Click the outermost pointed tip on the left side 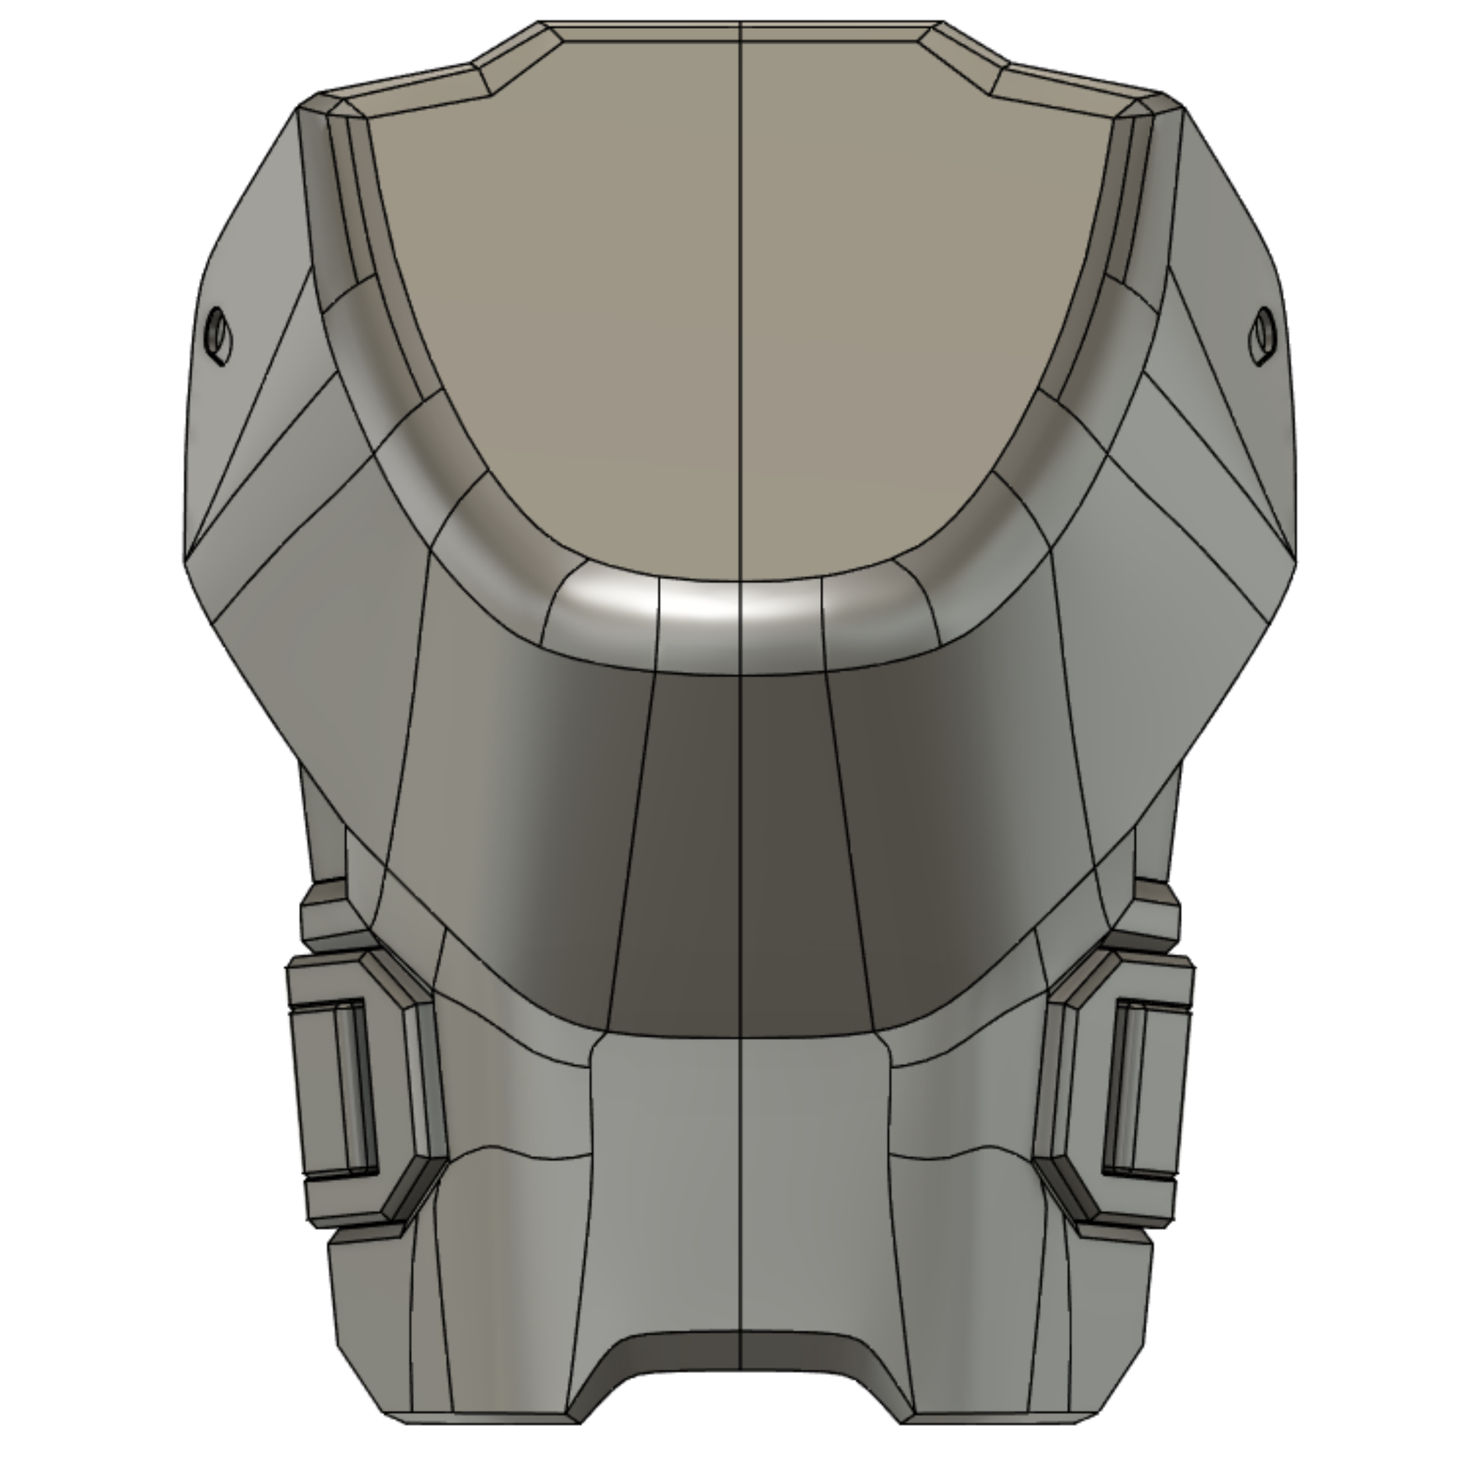click(x=184, y=559)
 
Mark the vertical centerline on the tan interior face click(x=740, y=307)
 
